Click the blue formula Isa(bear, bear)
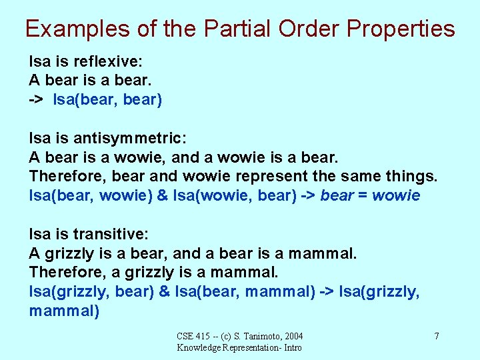click(107, 100)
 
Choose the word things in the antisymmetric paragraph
click(411, 177)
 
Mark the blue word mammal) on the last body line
click(64, 311)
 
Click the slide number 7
click(437, 336)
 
